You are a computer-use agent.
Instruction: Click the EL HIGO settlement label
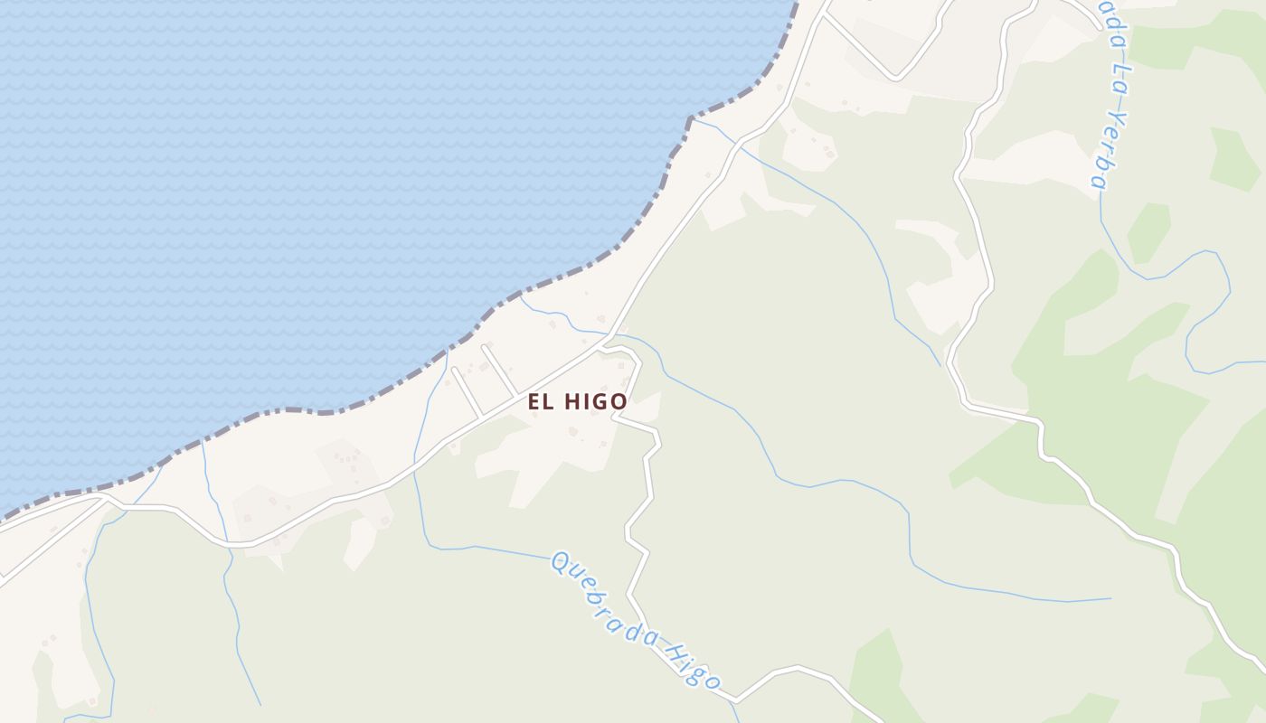click(578, 401)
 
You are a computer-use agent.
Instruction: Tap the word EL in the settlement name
click(541, 401)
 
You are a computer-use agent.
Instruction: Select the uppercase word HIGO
click(595, 401)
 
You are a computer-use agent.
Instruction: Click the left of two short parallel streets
click(466, 392)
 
